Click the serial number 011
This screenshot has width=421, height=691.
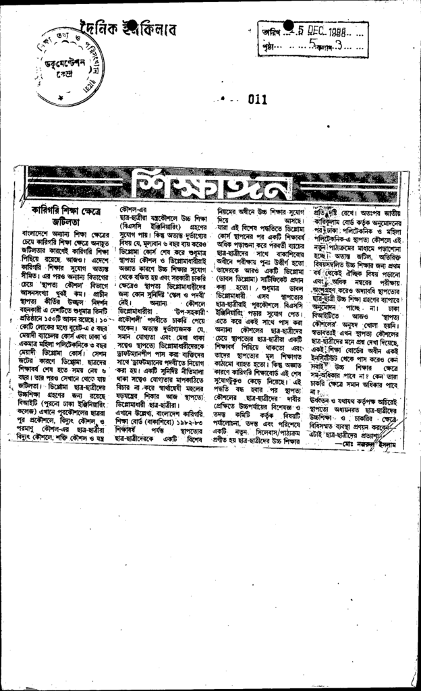pos(257,99)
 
